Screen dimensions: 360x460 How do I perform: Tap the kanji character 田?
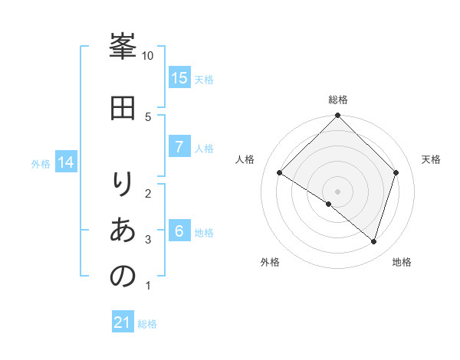coord(122,109)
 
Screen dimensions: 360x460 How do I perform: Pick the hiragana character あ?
coord(122,230)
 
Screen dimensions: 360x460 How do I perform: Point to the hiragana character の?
coord(122,276)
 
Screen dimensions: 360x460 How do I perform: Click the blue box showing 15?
coord(179,78)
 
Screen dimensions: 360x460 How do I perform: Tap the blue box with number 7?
coord(179,147)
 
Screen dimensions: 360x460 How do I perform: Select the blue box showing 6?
coord(179,231)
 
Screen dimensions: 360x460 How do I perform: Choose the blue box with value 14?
coord(66,162)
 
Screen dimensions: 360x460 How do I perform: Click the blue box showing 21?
coord(123,323)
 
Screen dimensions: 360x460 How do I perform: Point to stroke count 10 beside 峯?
coord(147,56)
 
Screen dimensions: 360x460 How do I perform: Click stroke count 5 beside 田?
coord(147,116)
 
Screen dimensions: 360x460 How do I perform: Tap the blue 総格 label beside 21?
coord(147,324)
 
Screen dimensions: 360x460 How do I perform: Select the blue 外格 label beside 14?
coord(41,163)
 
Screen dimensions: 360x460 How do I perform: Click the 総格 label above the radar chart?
coord(338,100)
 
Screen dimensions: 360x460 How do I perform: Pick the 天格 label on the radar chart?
coord(431,159)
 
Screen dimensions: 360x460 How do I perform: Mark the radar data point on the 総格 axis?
coord(338,116)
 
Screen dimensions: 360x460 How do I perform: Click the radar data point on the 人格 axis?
coord(280,172)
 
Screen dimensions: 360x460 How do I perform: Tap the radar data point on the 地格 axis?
coord(374,241)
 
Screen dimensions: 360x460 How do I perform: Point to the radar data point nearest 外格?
coord(329,204)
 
